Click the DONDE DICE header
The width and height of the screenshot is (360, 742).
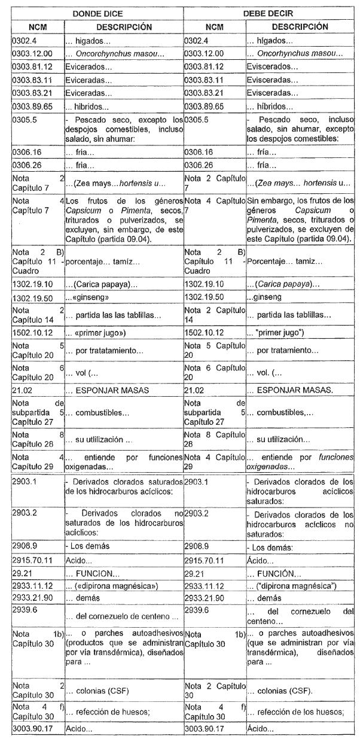(x=97, y=14)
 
